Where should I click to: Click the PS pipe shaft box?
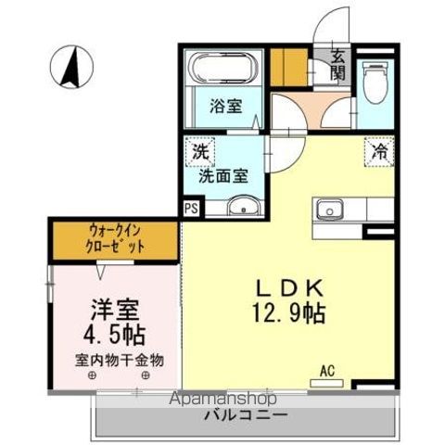pos(190,209)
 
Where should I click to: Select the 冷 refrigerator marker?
pos(378,148)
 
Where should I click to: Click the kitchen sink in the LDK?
pos(329,210)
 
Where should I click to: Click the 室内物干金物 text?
pos(120,360)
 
